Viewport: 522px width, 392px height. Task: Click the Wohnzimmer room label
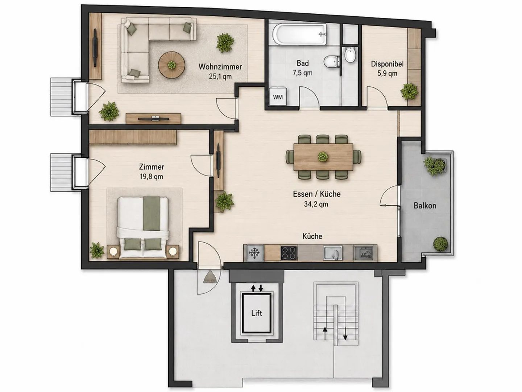tap(220, 67)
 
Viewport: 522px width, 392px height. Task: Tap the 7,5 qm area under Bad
tap(302, 73)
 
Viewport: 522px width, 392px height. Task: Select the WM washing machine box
tap(278, 97)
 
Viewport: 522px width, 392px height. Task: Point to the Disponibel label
tap(387, 64)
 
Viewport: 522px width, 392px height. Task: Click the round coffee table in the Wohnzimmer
tap(172, 65)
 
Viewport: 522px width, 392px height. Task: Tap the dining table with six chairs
tap(323, 157)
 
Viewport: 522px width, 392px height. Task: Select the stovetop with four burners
tap(289, 253)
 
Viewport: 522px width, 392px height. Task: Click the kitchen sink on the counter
tap(333, 253)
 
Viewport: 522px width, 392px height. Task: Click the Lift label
tap(257, 313)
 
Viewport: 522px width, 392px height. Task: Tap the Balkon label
tap(425, 206)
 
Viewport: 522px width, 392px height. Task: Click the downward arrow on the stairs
tap(345, 334)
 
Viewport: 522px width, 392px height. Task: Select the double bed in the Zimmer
tap(143, 227)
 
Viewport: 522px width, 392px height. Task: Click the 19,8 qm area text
tap(152, 177)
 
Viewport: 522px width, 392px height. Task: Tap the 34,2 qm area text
tap(316, 204)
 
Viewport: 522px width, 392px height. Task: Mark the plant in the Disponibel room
tap(409, 91)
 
